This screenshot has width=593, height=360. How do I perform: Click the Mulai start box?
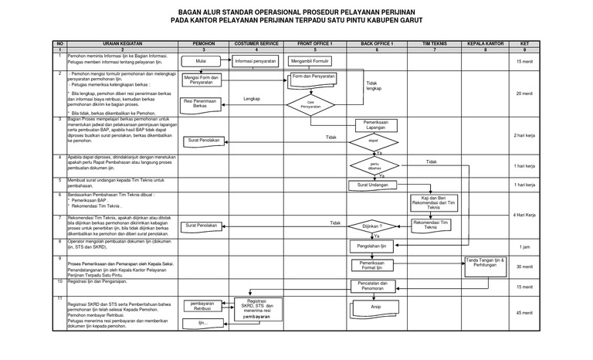(201, 60)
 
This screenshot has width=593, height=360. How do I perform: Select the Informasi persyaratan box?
(256, 60)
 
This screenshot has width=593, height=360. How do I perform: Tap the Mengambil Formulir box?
(311, 60)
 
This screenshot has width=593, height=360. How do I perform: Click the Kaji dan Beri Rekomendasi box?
(434, 203)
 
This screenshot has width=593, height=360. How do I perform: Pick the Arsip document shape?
(375, 308)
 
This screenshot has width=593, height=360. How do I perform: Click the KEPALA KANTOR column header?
(486, 44)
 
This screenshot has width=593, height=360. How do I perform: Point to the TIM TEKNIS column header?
(435, 44)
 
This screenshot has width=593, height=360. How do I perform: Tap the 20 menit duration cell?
(524, 93)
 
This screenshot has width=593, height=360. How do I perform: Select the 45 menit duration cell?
(524, 313)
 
